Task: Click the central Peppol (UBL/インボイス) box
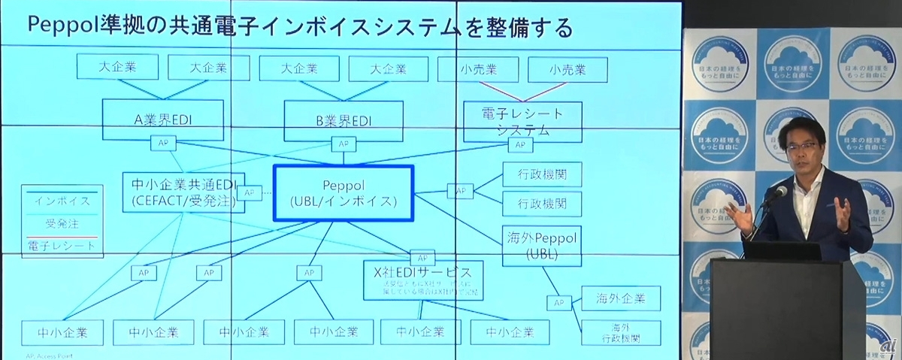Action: tap(343, 193)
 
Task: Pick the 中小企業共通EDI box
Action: tap(183, 192)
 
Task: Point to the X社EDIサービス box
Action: tap(421, 279)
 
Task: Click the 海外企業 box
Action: tap(620, 298)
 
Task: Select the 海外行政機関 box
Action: tap(620, 333)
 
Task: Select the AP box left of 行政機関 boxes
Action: tap(460, 191)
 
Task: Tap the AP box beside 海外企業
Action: tap(558, 302)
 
